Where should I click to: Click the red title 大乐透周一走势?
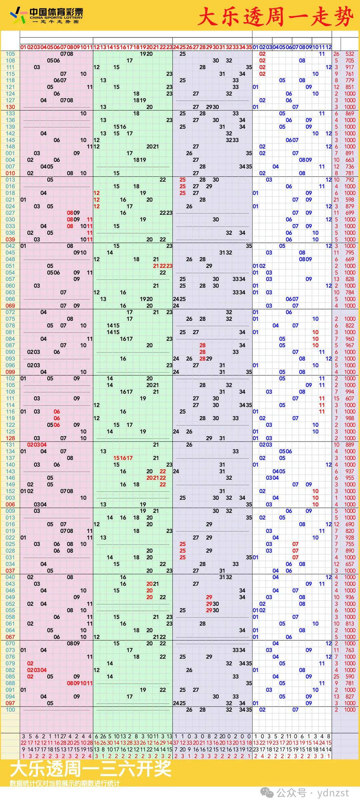(275, 17)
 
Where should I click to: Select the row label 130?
(10, 107)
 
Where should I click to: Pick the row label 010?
(10, 173)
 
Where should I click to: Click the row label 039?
(10, 239)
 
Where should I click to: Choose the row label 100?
(10, 710)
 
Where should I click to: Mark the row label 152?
(10, 491)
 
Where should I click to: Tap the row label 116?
(10, 412)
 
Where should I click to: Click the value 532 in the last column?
(350, 54)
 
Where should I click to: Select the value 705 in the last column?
(350, 60)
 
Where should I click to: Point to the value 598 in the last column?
(350, 200)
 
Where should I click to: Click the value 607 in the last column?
(350, 398)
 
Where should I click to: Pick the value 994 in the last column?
(350, 392)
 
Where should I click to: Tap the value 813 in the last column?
(350, 624)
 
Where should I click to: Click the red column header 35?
(249, 47)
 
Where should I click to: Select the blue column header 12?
(328, 47)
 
